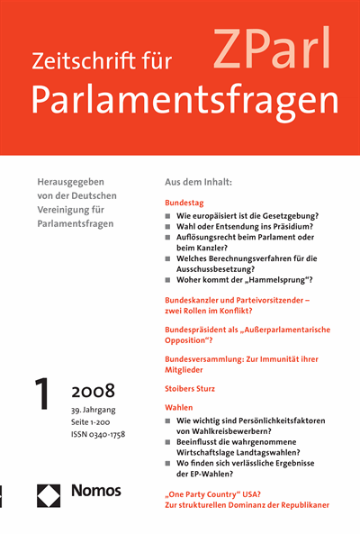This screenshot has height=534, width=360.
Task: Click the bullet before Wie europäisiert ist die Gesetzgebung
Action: pyautogui.click(x=169, y=219)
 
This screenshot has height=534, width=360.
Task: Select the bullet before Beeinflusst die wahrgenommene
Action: pyautogui.click(x=169, y=446)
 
